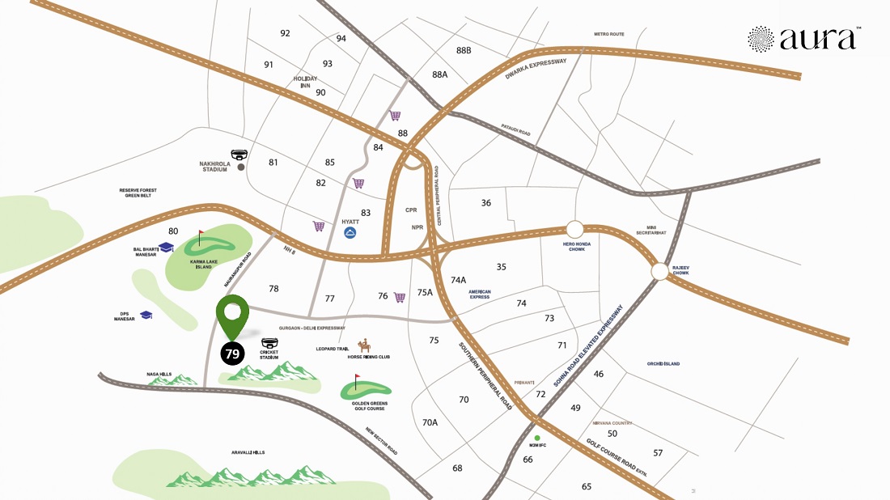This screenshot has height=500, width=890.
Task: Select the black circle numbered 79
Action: pos(232,354)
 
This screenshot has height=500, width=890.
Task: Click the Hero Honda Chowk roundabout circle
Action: pos(575,230)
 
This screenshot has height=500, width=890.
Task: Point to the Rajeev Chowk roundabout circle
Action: pos(659,273)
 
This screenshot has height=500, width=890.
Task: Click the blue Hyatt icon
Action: pos(350,233)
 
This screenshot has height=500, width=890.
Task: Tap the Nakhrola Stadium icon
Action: pos(239,155)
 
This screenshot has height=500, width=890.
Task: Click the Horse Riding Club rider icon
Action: pos(364,345)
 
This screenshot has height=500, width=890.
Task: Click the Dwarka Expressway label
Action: pos(536,68)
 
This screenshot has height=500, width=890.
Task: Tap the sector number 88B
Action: pos(464,50)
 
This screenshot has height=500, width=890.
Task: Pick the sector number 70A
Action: pos(430,422)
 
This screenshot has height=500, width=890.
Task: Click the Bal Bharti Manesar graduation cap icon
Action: pos(167,247)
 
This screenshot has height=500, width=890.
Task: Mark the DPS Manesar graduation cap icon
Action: pos(146,315)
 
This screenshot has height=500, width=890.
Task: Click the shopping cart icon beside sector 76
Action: pos(400,297)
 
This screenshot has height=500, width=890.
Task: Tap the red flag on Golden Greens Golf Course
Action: pos(357,379)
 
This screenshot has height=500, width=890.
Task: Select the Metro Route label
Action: pos(609,34)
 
